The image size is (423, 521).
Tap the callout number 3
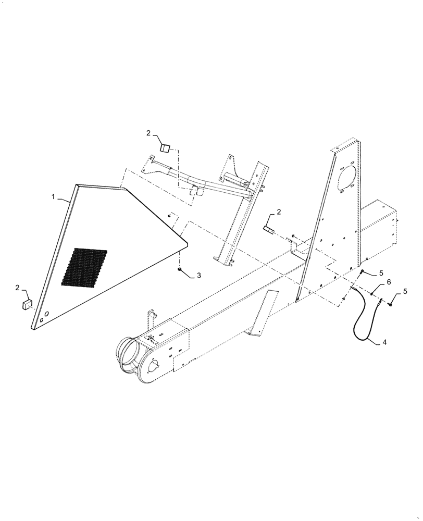[x=198, y=275]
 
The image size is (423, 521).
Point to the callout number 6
[x=388, y=282]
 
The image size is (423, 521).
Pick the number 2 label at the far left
[x=19, y=287]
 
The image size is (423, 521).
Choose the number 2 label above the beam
[x=279, y=212]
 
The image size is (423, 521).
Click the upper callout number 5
[x=381, y=272]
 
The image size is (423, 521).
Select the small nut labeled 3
[x=180, y=269]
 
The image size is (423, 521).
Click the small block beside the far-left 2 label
[x=26, y=304]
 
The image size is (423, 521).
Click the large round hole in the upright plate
[x=346, y=179]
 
